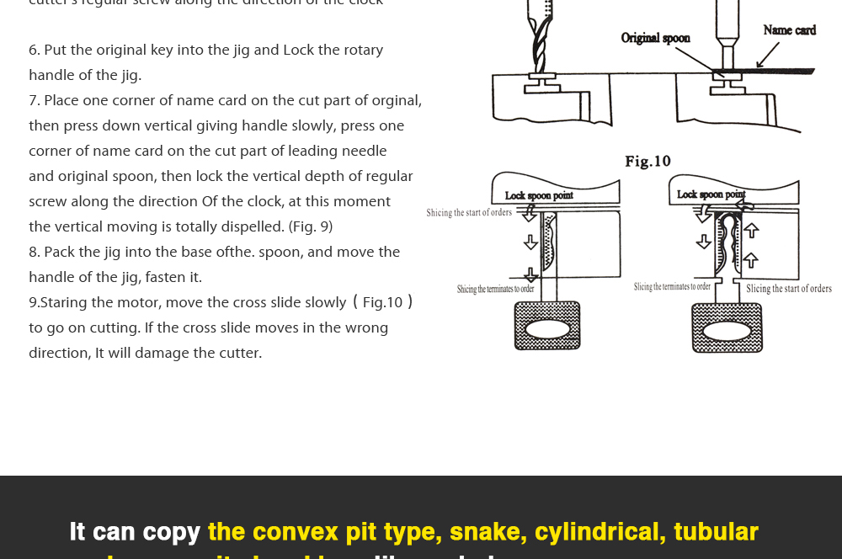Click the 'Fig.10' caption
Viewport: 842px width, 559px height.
coord(647,161)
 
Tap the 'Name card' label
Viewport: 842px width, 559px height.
coord(789,30)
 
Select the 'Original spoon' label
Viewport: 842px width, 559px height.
coord(655,38)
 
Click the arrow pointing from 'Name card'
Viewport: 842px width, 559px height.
coord(767,56)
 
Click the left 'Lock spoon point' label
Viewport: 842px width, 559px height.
coord(539,195)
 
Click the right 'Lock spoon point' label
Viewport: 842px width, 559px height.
coord(711,194)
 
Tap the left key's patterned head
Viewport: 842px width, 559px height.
coord(547,326)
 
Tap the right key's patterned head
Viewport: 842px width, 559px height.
coord(727,327)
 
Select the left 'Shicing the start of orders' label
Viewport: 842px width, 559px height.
coord(469,213)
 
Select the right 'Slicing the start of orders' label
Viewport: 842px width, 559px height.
coord(788,289)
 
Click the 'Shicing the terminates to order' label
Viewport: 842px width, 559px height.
coord(495,289)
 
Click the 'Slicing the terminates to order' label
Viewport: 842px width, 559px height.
coord(672,287)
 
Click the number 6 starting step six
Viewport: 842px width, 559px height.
coord(33,51)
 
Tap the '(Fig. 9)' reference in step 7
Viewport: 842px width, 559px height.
coord(311,226)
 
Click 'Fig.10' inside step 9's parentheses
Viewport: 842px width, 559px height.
coord(382,302)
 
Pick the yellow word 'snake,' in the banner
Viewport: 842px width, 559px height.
coord(485,531)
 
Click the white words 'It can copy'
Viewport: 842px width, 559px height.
coord(135,531)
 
